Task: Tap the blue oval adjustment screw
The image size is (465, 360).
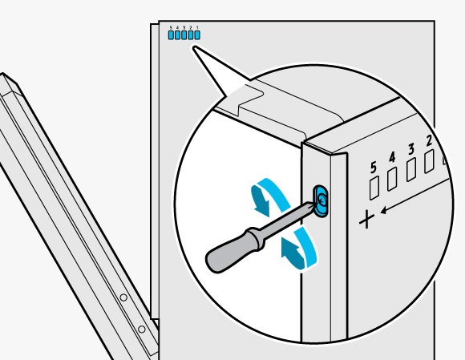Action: (321, 201)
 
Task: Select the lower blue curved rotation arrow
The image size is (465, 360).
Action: (301, 249)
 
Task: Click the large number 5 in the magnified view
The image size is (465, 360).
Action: (374, 168)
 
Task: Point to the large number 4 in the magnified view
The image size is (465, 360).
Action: (392, 157)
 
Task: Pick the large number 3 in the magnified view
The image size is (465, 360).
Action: (410, 149)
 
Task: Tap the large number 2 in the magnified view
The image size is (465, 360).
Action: (429, 141)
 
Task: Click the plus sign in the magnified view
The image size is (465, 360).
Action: (367, 220)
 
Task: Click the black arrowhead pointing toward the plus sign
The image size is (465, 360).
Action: (383, 211)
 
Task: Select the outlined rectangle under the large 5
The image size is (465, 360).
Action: (374, 188)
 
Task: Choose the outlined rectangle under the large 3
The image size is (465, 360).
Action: (411, 170)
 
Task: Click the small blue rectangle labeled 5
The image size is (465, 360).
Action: (171, 35)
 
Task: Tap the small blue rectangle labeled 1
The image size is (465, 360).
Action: (197, 35)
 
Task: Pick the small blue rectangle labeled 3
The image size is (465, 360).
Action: (184, 35)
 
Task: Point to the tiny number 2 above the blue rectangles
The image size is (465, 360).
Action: (191, 27)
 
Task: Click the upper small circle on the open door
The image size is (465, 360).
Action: (123, 297)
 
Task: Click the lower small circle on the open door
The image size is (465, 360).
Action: (142, 330)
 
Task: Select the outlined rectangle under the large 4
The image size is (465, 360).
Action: (392, 179)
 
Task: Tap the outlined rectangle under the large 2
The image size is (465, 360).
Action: (429, 161)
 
